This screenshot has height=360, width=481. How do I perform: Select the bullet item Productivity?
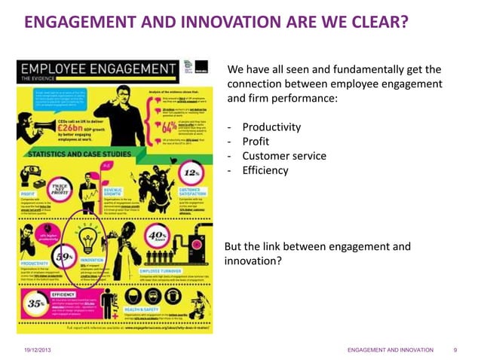(271, 127)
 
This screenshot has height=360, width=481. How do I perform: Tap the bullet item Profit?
(256, 141)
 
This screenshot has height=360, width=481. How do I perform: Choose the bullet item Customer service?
(284, 156)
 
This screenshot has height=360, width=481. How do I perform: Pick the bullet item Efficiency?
(265, 170)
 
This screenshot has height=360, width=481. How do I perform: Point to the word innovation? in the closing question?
(253, 261)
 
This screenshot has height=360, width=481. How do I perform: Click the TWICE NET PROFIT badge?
(59, 188)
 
